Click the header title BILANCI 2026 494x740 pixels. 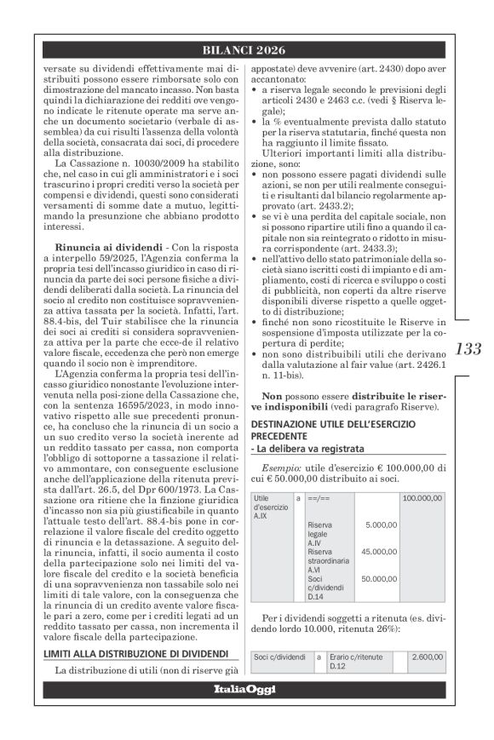[246, 50]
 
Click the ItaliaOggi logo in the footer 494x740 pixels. [246, 689]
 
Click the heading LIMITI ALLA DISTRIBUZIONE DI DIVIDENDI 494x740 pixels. [136, 654]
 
